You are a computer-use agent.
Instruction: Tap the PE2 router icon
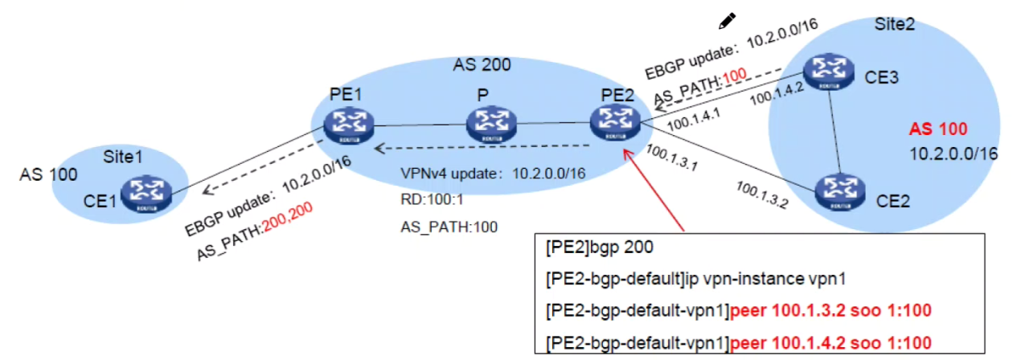616,122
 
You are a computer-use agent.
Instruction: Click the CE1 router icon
147,193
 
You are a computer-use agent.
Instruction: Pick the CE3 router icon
827,71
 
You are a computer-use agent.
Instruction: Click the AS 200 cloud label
482,63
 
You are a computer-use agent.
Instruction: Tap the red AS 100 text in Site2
937,129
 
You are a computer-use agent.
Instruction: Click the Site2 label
897,25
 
